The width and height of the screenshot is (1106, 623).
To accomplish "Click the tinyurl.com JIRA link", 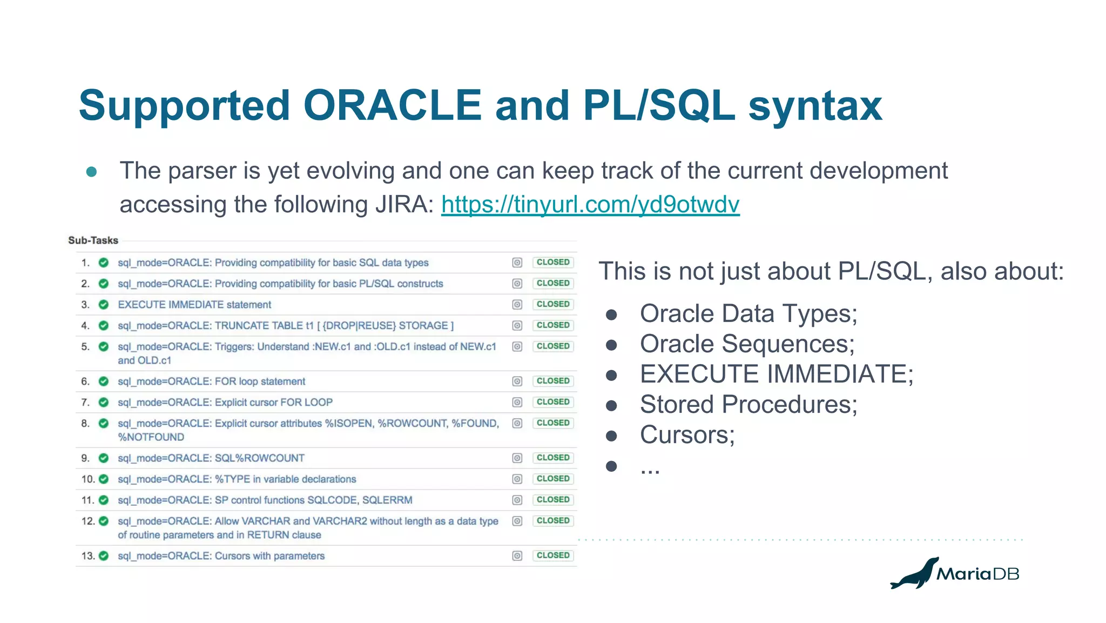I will point(590,205).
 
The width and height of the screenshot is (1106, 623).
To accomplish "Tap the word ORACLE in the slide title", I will point(393,105).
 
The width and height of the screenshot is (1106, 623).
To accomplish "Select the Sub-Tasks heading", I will point(93,240).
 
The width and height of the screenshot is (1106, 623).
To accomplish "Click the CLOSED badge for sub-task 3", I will point(552,304).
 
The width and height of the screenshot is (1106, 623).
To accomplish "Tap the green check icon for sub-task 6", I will point(104,381).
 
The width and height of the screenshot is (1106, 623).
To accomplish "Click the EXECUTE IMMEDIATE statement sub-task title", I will point(194,305).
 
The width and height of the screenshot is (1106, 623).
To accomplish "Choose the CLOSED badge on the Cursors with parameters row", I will point(552,555).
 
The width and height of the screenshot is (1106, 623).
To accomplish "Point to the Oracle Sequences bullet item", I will point(747,344).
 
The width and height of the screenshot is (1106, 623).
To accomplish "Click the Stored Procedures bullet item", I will point(748,404).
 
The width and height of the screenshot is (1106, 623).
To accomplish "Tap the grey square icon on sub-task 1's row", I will point(517,263).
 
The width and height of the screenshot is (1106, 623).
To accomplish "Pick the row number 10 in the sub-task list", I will point(87,479).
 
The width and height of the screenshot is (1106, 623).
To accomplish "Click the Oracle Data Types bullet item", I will point(748,313).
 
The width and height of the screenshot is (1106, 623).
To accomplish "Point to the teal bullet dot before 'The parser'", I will point(91,172).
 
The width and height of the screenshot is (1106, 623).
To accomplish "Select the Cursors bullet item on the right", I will point(687,434).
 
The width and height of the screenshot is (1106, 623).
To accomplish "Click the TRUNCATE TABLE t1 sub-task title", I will point(286,326).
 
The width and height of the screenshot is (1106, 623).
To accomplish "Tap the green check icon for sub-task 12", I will point(104,521).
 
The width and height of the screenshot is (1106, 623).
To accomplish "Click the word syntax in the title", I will point(815,105).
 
